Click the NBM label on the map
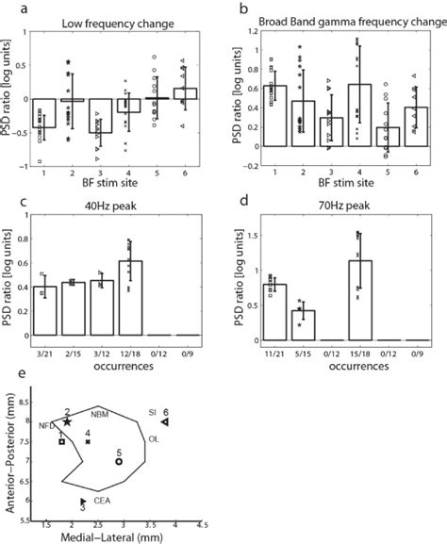[x=99, y=415]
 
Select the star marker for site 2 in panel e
[x=68, y=423]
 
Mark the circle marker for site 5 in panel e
[x=119, y=462]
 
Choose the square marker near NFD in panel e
[x=61, y=440]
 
